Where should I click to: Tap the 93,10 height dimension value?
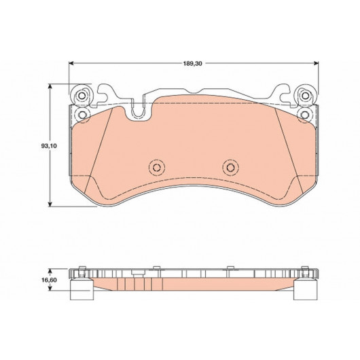[x=49, y=146]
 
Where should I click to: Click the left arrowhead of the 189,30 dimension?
[x=71, y=63]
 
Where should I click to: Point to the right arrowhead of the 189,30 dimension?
[x=317, y=63]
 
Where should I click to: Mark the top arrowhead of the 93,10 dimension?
[x=50, y=86]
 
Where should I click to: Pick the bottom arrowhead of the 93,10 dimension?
[x=50, y=204]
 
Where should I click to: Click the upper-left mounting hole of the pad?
[x=81, y=96]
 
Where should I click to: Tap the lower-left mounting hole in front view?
[x=82, y=114]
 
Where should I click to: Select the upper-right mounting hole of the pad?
[x=306, y=96]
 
